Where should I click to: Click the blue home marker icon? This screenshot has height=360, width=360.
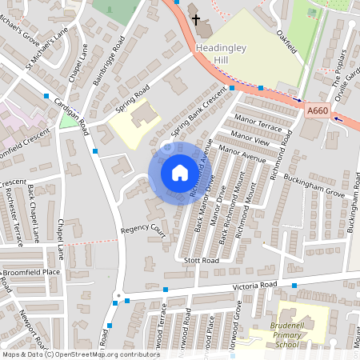pyautogui.click(x=179, y=173)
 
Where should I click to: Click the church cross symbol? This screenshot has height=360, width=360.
pyautogui.click(x=194, y=17)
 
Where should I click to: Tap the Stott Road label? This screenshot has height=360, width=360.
pyautogui.click(x=200, y=261)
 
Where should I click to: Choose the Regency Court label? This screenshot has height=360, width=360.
pyautogui.click(x=142, y=230)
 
